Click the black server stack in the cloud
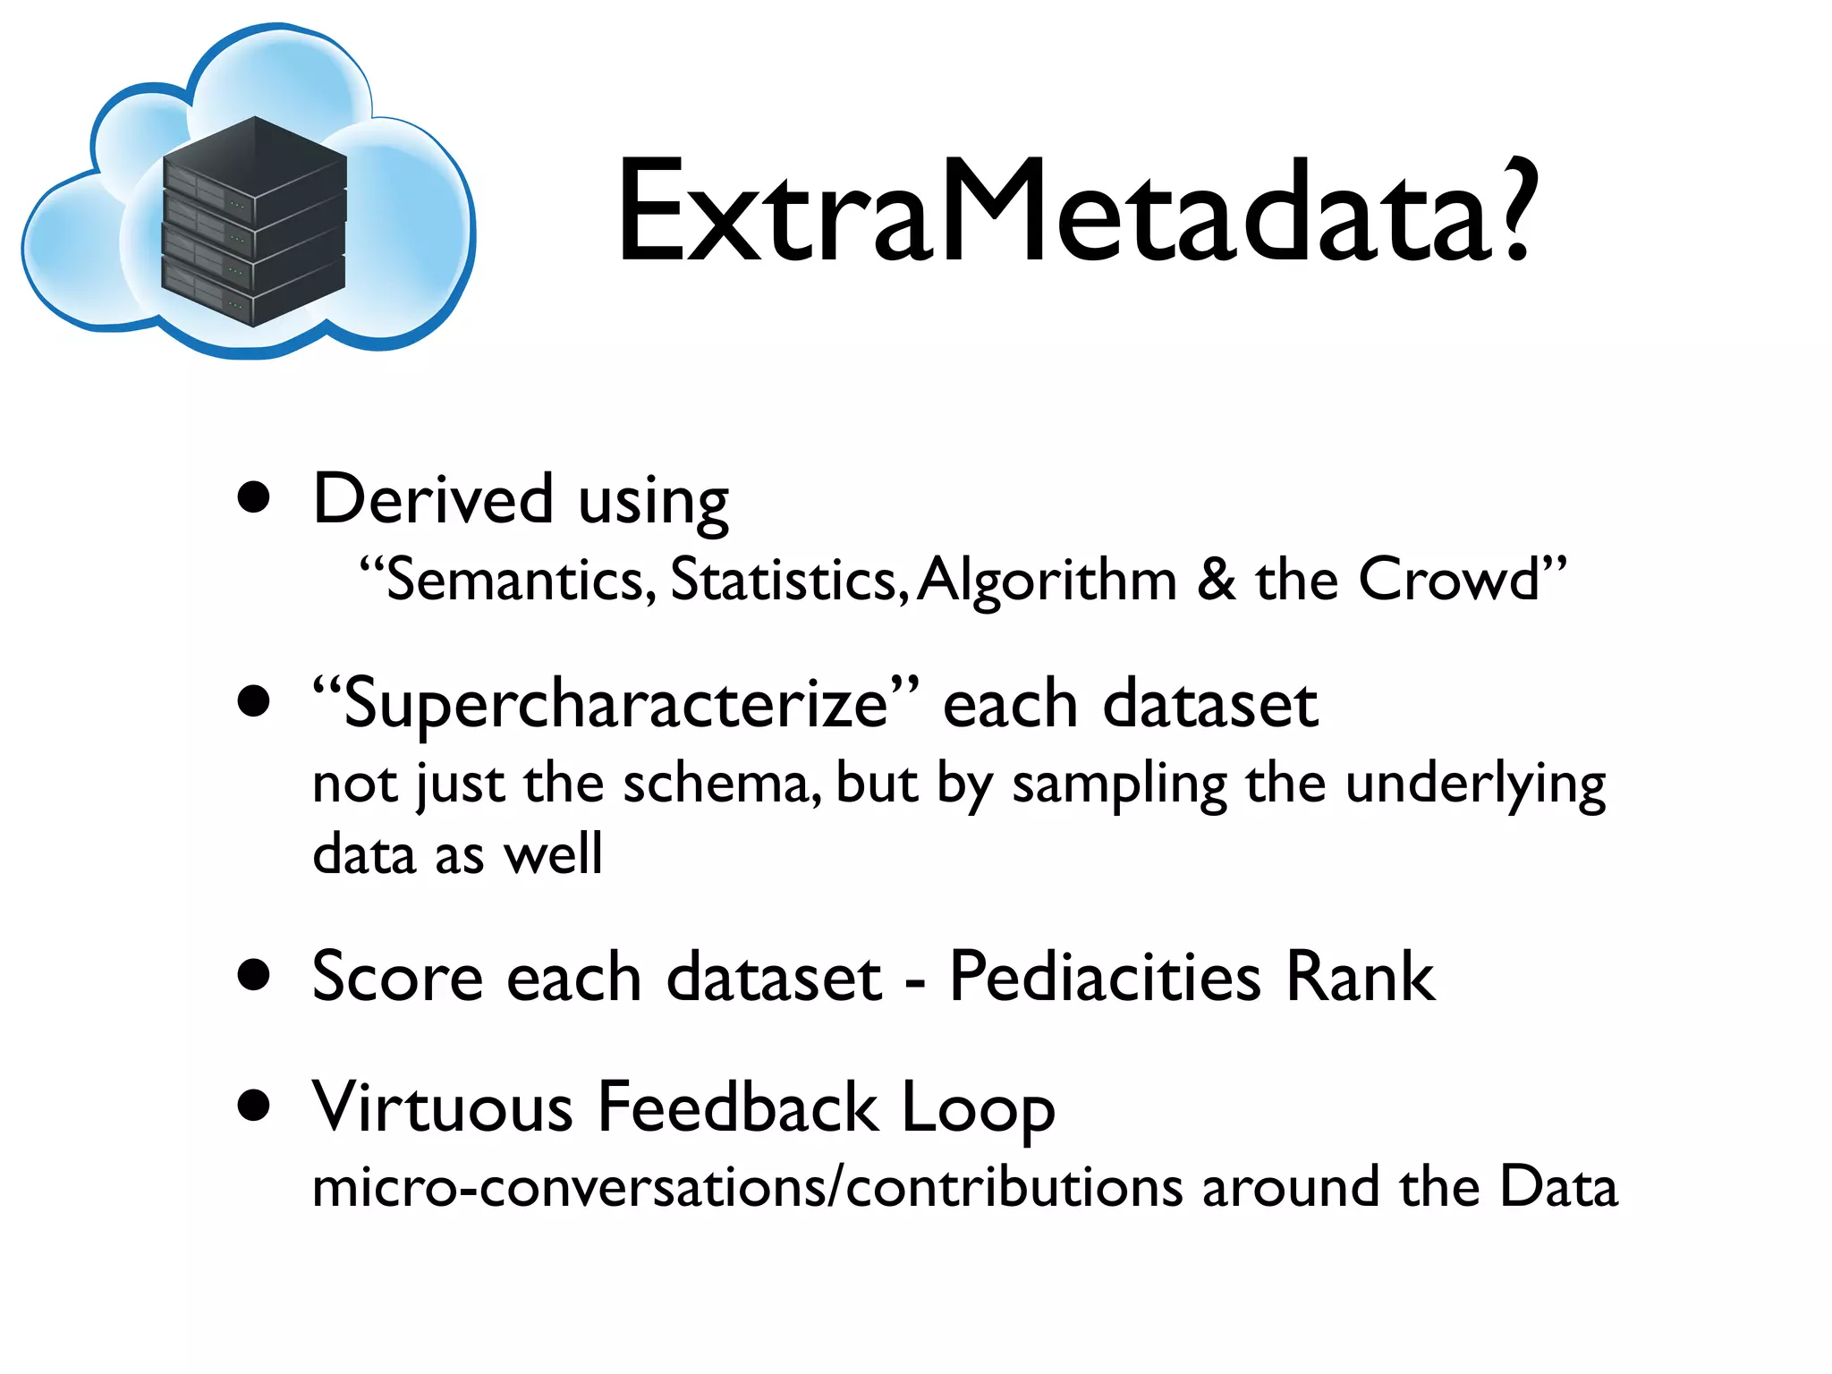pos(254,222)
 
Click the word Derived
pos(433,499)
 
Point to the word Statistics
pos(784,580)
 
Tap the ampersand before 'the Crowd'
pos(1217,579)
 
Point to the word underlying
pos(1475,785)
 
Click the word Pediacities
pos(1105,976)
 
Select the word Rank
pos(1360,976)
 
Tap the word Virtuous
pos(442,1107)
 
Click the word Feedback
pos(738,1107)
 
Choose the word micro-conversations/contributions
pos(748,1188)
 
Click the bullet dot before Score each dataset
pos(255,976)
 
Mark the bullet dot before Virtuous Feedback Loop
pos(255,1106)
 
